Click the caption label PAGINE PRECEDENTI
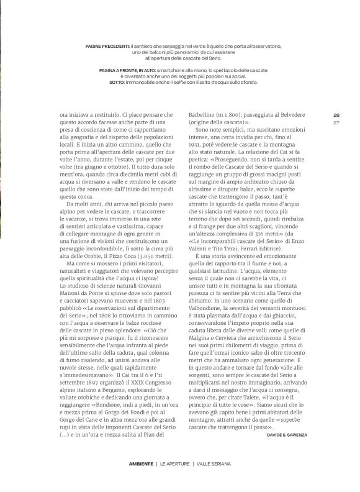(x=109, y=46)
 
